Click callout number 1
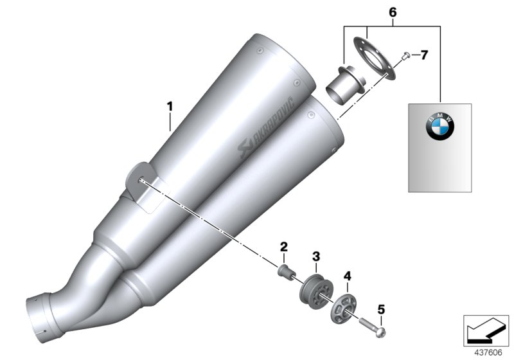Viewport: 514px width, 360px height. tap(170, 105)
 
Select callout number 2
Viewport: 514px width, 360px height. tap(283, 246)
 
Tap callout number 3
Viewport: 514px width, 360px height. tap(315, 257)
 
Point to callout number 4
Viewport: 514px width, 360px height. tap(347, 277)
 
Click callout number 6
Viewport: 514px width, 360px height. tap(393, 12)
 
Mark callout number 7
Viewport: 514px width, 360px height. tap(425, 55)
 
